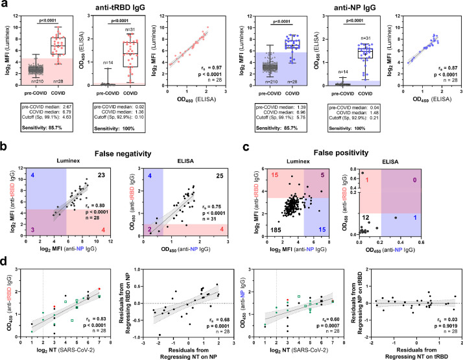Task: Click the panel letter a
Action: pyautogui.click(x=5, y=6)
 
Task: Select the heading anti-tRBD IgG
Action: pyautogui.click(x=115, y=8)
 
